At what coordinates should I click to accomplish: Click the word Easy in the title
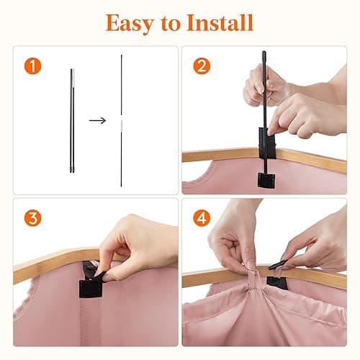pos(130,23)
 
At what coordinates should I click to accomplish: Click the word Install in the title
pos(220,22)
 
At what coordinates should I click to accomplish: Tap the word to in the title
pos(171,24)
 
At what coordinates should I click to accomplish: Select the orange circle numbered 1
pos(32,66)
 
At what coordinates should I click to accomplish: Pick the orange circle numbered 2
pos(202,66)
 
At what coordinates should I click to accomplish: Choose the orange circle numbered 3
pos(32,218)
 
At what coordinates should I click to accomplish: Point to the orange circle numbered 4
pos(202,218)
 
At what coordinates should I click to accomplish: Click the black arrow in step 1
pos(97,120)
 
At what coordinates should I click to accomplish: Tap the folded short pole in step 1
pos(72,120)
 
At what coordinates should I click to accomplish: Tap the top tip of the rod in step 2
pos(264,52)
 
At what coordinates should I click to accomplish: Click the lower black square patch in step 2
pos(266,180)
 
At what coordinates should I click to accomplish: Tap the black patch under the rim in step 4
pos(277,282)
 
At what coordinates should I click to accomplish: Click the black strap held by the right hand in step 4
pos(279,264)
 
